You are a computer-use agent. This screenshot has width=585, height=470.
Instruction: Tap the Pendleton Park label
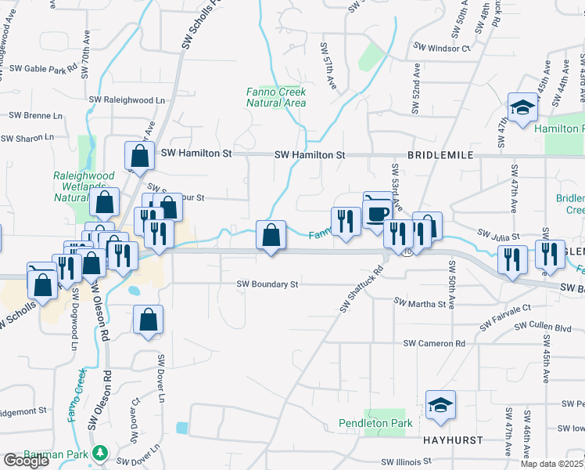pos(375,423)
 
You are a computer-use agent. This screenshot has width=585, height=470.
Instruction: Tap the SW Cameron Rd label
pos(434,343)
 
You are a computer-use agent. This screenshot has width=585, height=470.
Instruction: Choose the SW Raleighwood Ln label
pos(127,100)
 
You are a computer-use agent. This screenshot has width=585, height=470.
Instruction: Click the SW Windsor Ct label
pos(440,49)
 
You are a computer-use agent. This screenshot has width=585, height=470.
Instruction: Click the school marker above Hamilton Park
pos(522,108)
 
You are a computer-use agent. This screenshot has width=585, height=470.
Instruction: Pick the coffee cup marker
pos(378,211)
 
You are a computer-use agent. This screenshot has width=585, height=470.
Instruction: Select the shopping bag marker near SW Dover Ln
pos(148,320)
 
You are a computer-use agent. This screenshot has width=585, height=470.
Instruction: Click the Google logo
pos(26,461)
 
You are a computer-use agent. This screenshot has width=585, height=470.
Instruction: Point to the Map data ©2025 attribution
pos(551,464)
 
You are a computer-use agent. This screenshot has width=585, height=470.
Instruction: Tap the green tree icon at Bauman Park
pos(99,453)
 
